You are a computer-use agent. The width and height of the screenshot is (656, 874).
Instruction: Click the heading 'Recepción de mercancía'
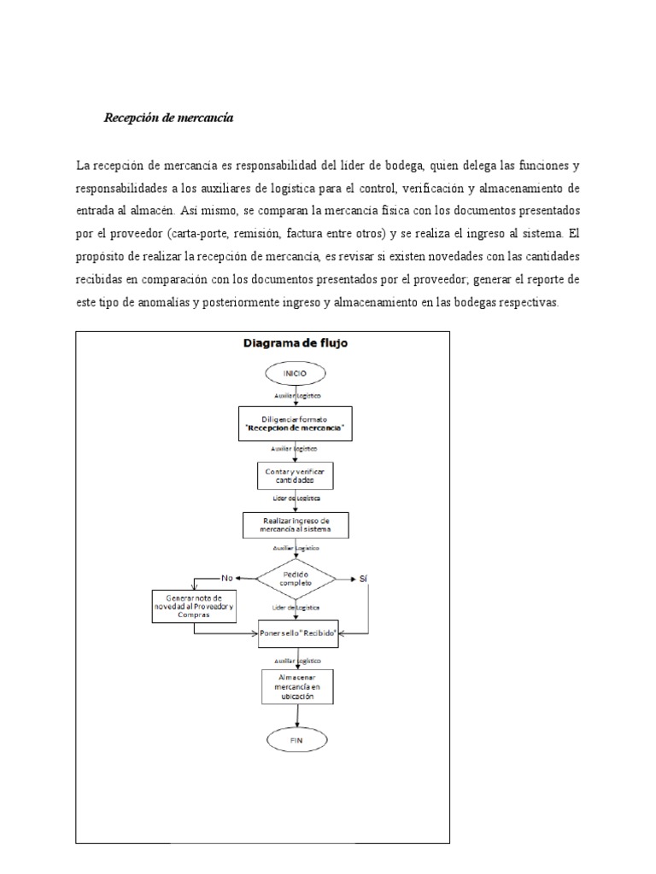coord(168,119)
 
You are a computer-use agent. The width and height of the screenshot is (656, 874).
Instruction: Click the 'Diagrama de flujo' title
coord(296,343)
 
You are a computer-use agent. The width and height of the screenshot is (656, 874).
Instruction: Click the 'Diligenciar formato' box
coord(296,422)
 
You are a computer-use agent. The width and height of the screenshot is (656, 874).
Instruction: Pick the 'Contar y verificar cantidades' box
coord(296,474)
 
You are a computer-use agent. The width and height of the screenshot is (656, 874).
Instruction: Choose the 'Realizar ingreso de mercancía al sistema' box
coord(296,524)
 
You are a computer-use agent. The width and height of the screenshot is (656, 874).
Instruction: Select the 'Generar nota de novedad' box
coord(194,606)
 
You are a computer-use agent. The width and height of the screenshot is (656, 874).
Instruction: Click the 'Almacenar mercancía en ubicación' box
coord(296,685)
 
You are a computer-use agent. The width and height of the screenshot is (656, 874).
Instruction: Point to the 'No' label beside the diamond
coord(226,578)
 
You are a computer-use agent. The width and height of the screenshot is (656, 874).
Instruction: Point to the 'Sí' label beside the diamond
coord(364,579)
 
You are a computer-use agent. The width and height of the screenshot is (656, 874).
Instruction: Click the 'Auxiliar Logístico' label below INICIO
coord(296,397)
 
